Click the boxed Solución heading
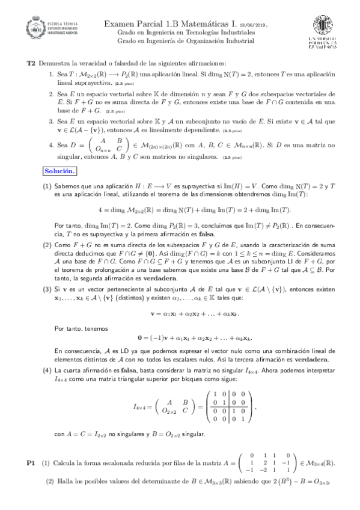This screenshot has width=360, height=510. [x=60, y=171]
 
